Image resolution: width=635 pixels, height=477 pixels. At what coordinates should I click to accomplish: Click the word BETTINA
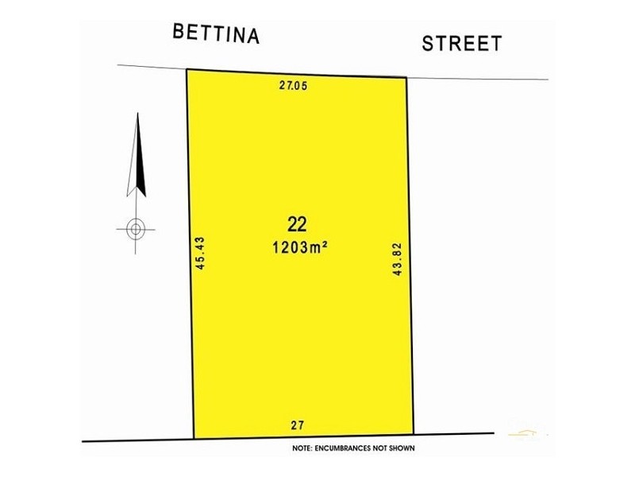216,34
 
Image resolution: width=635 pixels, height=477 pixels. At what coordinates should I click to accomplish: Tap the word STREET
461,43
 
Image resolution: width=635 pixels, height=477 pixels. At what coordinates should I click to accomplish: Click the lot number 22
298,223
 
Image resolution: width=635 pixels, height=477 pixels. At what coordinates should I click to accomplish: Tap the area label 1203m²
299,247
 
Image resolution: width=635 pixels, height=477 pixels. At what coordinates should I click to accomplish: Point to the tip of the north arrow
137,114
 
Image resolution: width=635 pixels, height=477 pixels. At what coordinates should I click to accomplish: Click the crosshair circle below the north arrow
136,229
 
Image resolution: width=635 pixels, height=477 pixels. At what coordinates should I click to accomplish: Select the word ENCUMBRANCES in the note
344,448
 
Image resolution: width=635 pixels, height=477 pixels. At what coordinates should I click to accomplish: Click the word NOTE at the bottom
302,448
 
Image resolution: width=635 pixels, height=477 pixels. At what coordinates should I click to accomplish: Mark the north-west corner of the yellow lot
187,70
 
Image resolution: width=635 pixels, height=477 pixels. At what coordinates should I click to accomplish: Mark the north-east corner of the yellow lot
406,77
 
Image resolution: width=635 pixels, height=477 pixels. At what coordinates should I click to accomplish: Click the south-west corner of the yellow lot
194,437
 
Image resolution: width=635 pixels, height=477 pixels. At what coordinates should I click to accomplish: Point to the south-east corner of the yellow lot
414,435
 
